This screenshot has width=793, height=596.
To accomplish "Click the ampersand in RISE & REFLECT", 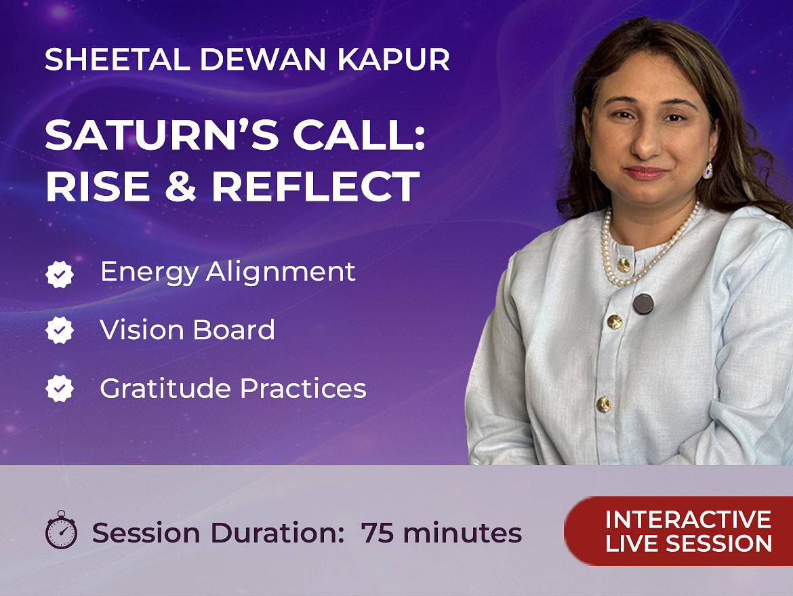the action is (x=180, y=186).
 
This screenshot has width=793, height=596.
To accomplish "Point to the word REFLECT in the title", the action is (x=316, y=186).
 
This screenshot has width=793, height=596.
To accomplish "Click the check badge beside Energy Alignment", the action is (x=60, y=274).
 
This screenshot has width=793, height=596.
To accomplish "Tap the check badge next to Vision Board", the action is (x=60, y=330).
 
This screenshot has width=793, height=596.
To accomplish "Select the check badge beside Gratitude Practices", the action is (x=60, y=389).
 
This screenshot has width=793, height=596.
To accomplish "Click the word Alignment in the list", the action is (x=281, y=273).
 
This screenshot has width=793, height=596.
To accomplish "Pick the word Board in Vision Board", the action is (x=234, y=330).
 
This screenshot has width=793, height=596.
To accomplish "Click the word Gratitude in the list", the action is (x=166, y=389).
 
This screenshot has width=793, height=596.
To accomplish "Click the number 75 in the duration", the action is (x=378, y=533).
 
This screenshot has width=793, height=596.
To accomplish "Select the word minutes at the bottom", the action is (x=462, y=533).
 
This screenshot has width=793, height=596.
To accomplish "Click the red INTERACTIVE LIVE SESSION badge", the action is (x=678, y=531).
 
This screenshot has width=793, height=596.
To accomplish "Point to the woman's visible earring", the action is (x=708, y=170).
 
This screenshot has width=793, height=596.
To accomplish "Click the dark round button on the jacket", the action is (x=643, y=304).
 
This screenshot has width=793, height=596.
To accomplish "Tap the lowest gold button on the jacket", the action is (x=604, y=404).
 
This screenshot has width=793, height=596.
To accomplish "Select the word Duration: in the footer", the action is (x=278, y=533).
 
